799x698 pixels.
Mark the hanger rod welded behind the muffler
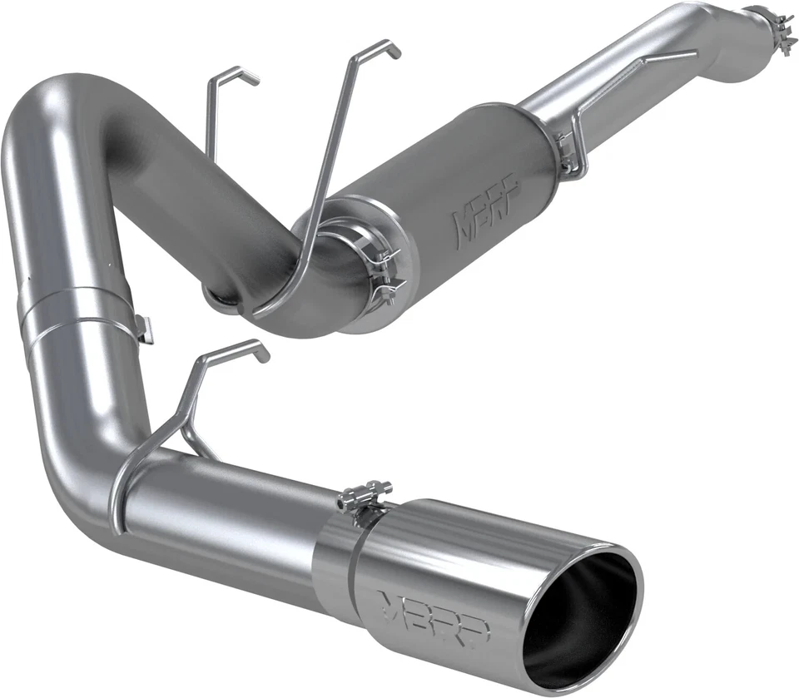[616, 100]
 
